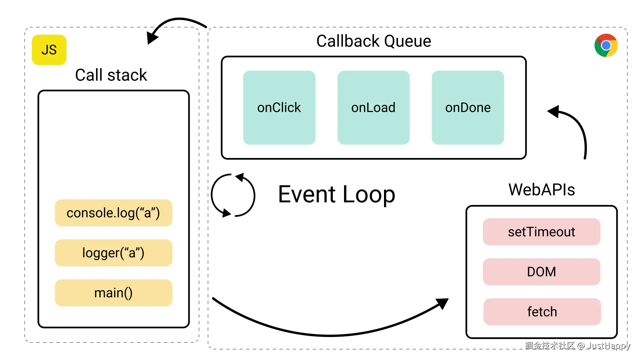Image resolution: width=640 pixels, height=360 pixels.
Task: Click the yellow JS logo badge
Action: click(49, 50)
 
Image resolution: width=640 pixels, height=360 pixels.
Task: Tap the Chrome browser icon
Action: click(606, 45)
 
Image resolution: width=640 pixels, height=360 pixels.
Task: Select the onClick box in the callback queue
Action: click(279, 107)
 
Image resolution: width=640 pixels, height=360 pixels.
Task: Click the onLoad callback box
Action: click(373, 107)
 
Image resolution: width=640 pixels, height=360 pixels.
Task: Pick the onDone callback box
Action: click(468, 107)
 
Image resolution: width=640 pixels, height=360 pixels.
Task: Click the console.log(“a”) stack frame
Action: click(113, 213)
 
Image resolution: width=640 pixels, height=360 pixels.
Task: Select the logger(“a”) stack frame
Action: click(113, 253)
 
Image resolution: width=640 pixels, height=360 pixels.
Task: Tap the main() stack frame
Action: click(113, 293)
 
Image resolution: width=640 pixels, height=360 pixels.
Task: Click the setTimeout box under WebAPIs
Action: click(541, 232)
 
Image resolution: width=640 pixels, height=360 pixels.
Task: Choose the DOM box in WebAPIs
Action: click(541, 272)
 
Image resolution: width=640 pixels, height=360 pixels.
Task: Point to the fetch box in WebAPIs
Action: click(542, 312)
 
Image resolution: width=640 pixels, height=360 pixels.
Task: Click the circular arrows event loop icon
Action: click(233, 195)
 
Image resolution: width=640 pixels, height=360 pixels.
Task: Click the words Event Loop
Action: click(336, 194)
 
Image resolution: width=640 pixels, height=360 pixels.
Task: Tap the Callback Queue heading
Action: click(373, 41)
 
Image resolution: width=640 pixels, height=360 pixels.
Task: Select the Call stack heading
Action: click(111, 75)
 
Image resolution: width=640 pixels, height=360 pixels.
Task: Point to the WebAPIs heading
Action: click(541, 189)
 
